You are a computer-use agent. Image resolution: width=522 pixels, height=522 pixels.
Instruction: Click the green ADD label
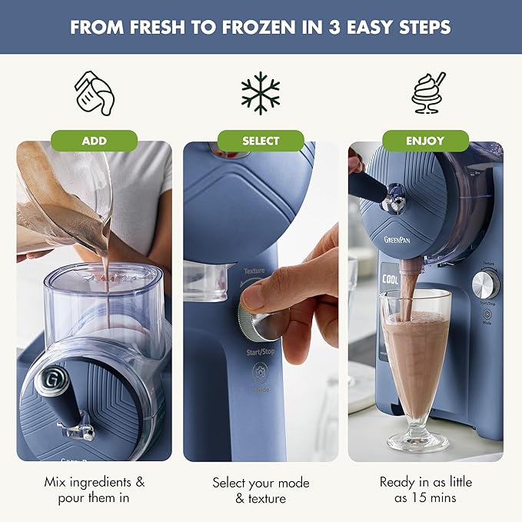[95, 141]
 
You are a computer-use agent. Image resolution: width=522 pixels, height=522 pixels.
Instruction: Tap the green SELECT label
[261, 141]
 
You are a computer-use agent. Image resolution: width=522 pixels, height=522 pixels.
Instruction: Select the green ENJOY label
[426, 141]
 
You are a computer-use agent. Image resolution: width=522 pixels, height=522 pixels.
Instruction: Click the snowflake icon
[261, 93]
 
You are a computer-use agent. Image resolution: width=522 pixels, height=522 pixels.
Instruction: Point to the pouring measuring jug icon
[95, 93]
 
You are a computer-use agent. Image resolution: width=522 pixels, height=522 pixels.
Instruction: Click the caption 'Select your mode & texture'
[261, 490]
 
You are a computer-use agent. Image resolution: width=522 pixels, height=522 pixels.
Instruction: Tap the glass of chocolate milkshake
[416, 361]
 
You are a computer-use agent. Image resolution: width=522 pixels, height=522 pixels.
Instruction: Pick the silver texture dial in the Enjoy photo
[486, 285]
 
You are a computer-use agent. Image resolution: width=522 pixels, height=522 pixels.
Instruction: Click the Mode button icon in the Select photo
[260, 375]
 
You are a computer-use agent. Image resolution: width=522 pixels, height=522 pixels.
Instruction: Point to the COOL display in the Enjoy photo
[390, 281]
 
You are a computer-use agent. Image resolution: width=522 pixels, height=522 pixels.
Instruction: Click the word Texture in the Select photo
[254, 271]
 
